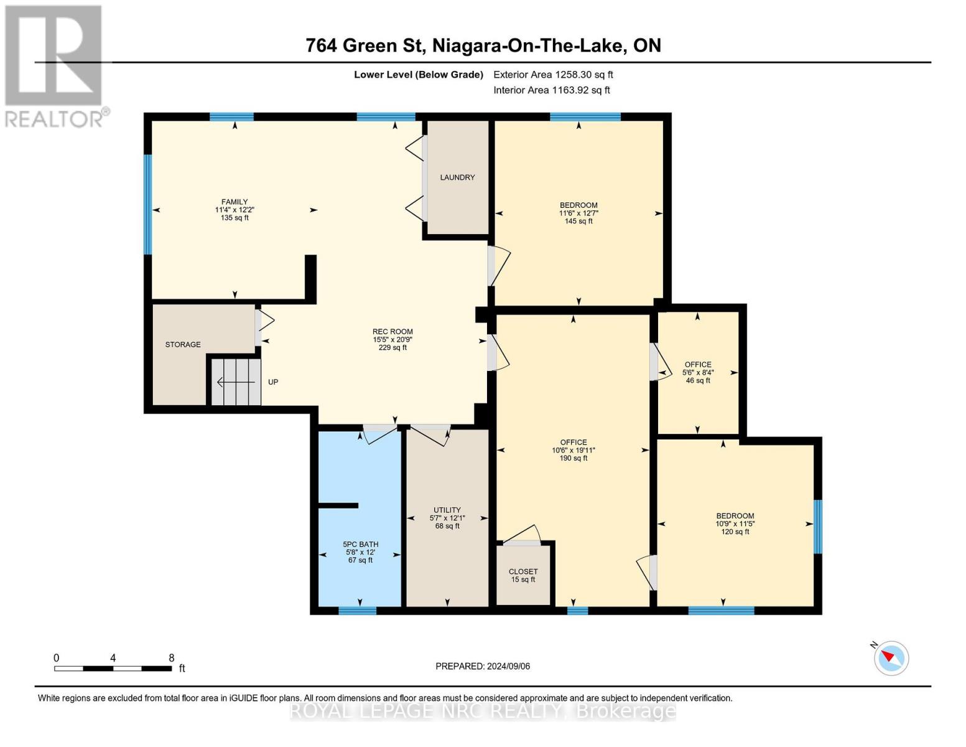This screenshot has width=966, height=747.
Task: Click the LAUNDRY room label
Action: click(457, 177)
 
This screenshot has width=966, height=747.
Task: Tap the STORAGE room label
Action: click(183, 344)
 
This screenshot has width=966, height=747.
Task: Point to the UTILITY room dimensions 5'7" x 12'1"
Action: click(447, 518)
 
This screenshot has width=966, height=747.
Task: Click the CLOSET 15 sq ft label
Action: click(523, 575)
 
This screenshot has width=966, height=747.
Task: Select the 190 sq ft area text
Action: click(573, 458)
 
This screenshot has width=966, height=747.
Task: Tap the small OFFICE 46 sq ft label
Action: click(698, 372)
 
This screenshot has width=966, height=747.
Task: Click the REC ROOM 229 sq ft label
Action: click(392, 339)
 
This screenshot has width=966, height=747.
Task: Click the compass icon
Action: click(891, 657)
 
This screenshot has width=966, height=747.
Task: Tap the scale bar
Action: click(113, 669)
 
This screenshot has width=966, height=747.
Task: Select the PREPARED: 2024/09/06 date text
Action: click(483, 666)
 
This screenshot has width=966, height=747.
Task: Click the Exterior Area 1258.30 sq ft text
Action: click(553, 75)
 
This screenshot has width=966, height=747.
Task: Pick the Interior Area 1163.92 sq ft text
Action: click(551, 90)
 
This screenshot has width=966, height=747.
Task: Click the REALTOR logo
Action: click(55, 65)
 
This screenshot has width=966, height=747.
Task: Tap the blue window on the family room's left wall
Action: click(148, 204)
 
